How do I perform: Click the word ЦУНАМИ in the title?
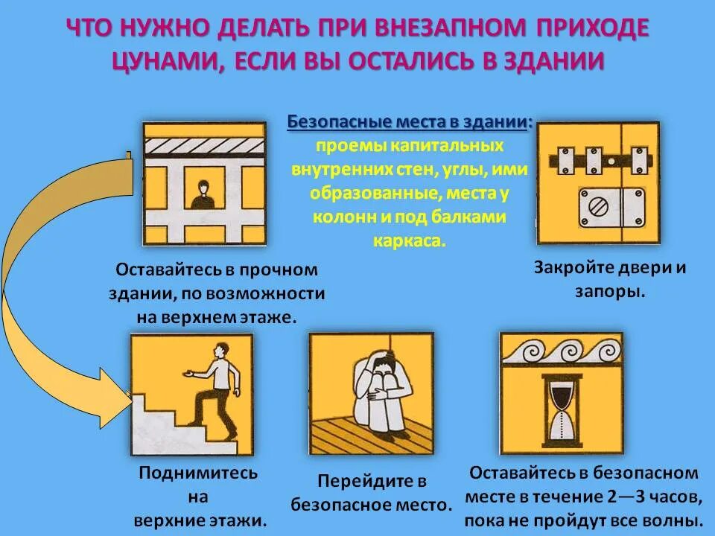point(162,60)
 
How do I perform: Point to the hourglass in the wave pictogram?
point(559,413)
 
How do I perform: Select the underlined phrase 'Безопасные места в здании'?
point(409,121)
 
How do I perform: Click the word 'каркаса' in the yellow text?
point(409,240)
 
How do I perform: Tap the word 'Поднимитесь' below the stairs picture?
point(198,473)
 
